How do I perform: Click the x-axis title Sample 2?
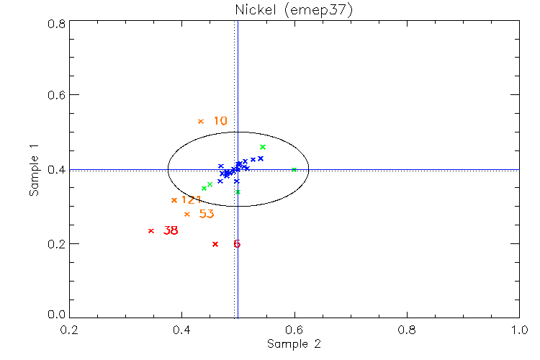(293, 344)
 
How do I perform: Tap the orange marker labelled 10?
(201, 121)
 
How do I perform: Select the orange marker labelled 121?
(174, 200)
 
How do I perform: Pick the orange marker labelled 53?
(187, 214)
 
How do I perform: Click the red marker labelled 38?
(151, 230)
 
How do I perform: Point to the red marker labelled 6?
(215, 244)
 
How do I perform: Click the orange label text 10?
(220, 121)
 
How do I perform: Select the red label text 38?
(171, 231)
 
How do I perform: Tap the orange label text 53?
(207, 214)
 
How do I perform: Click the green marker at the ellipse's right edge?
(294, 170)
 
